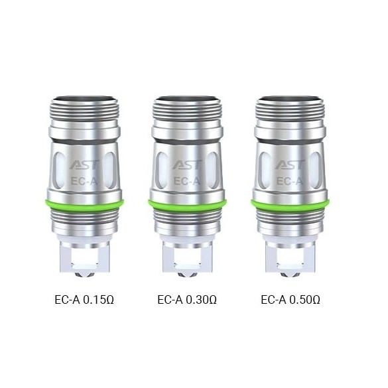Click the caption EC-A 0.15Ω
pyautogui.click(x=84, y=300)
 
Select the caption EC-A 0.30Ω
pyautogui.click(x=187, y=300)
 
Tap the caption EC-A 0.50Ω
pyautogui.click(x=291, y=300)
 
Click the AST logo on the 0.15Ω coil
pyautogui.click(x=85, y=165)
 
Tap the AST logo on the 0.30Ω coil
pyautogui.click(x=188, y=165)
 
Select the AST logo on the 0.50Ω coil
pyautogui.click(x=291, y=165)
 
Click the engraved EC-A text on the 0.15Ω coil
pyautogui.click(x=84, y=181)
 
